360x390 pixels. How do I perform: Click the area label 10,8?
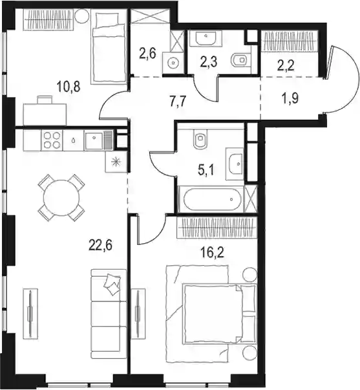[x=69, y=87]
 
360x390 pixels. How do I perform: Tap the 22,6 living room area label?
[x=100, y=245]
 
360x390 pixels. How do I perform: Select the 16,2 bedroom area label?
[x=212, y=252]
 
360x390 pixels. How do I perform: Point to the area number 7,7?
[x=178, y=102]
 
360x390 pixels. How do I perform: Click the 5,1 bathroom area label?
[x=206, y=171]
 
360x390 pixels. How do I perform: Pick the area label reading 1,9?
[x=290, y=98]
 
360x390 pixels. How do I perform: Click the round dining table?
[x=61, y=197]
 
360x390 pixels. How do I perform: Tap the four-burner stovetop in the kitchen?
[x=52, y=140]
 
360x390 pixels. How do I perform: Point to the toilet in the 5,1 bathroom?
[x=201, y=140]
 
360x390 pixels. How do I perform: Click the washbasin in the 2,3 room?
[x=206, y=39]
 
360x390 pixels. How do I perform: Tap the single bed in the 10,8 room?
[x=109, y=47]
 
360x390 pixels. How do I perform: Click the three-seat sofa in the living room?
[x=109, y=314]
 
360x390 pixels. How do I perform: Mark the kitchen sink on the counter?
[x=94, y=140]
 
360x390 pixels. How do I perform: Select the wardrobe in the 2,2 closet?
[x=289, y=41]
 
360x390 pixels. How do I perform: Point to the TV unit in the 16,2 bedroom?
[x=138, y=314]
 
